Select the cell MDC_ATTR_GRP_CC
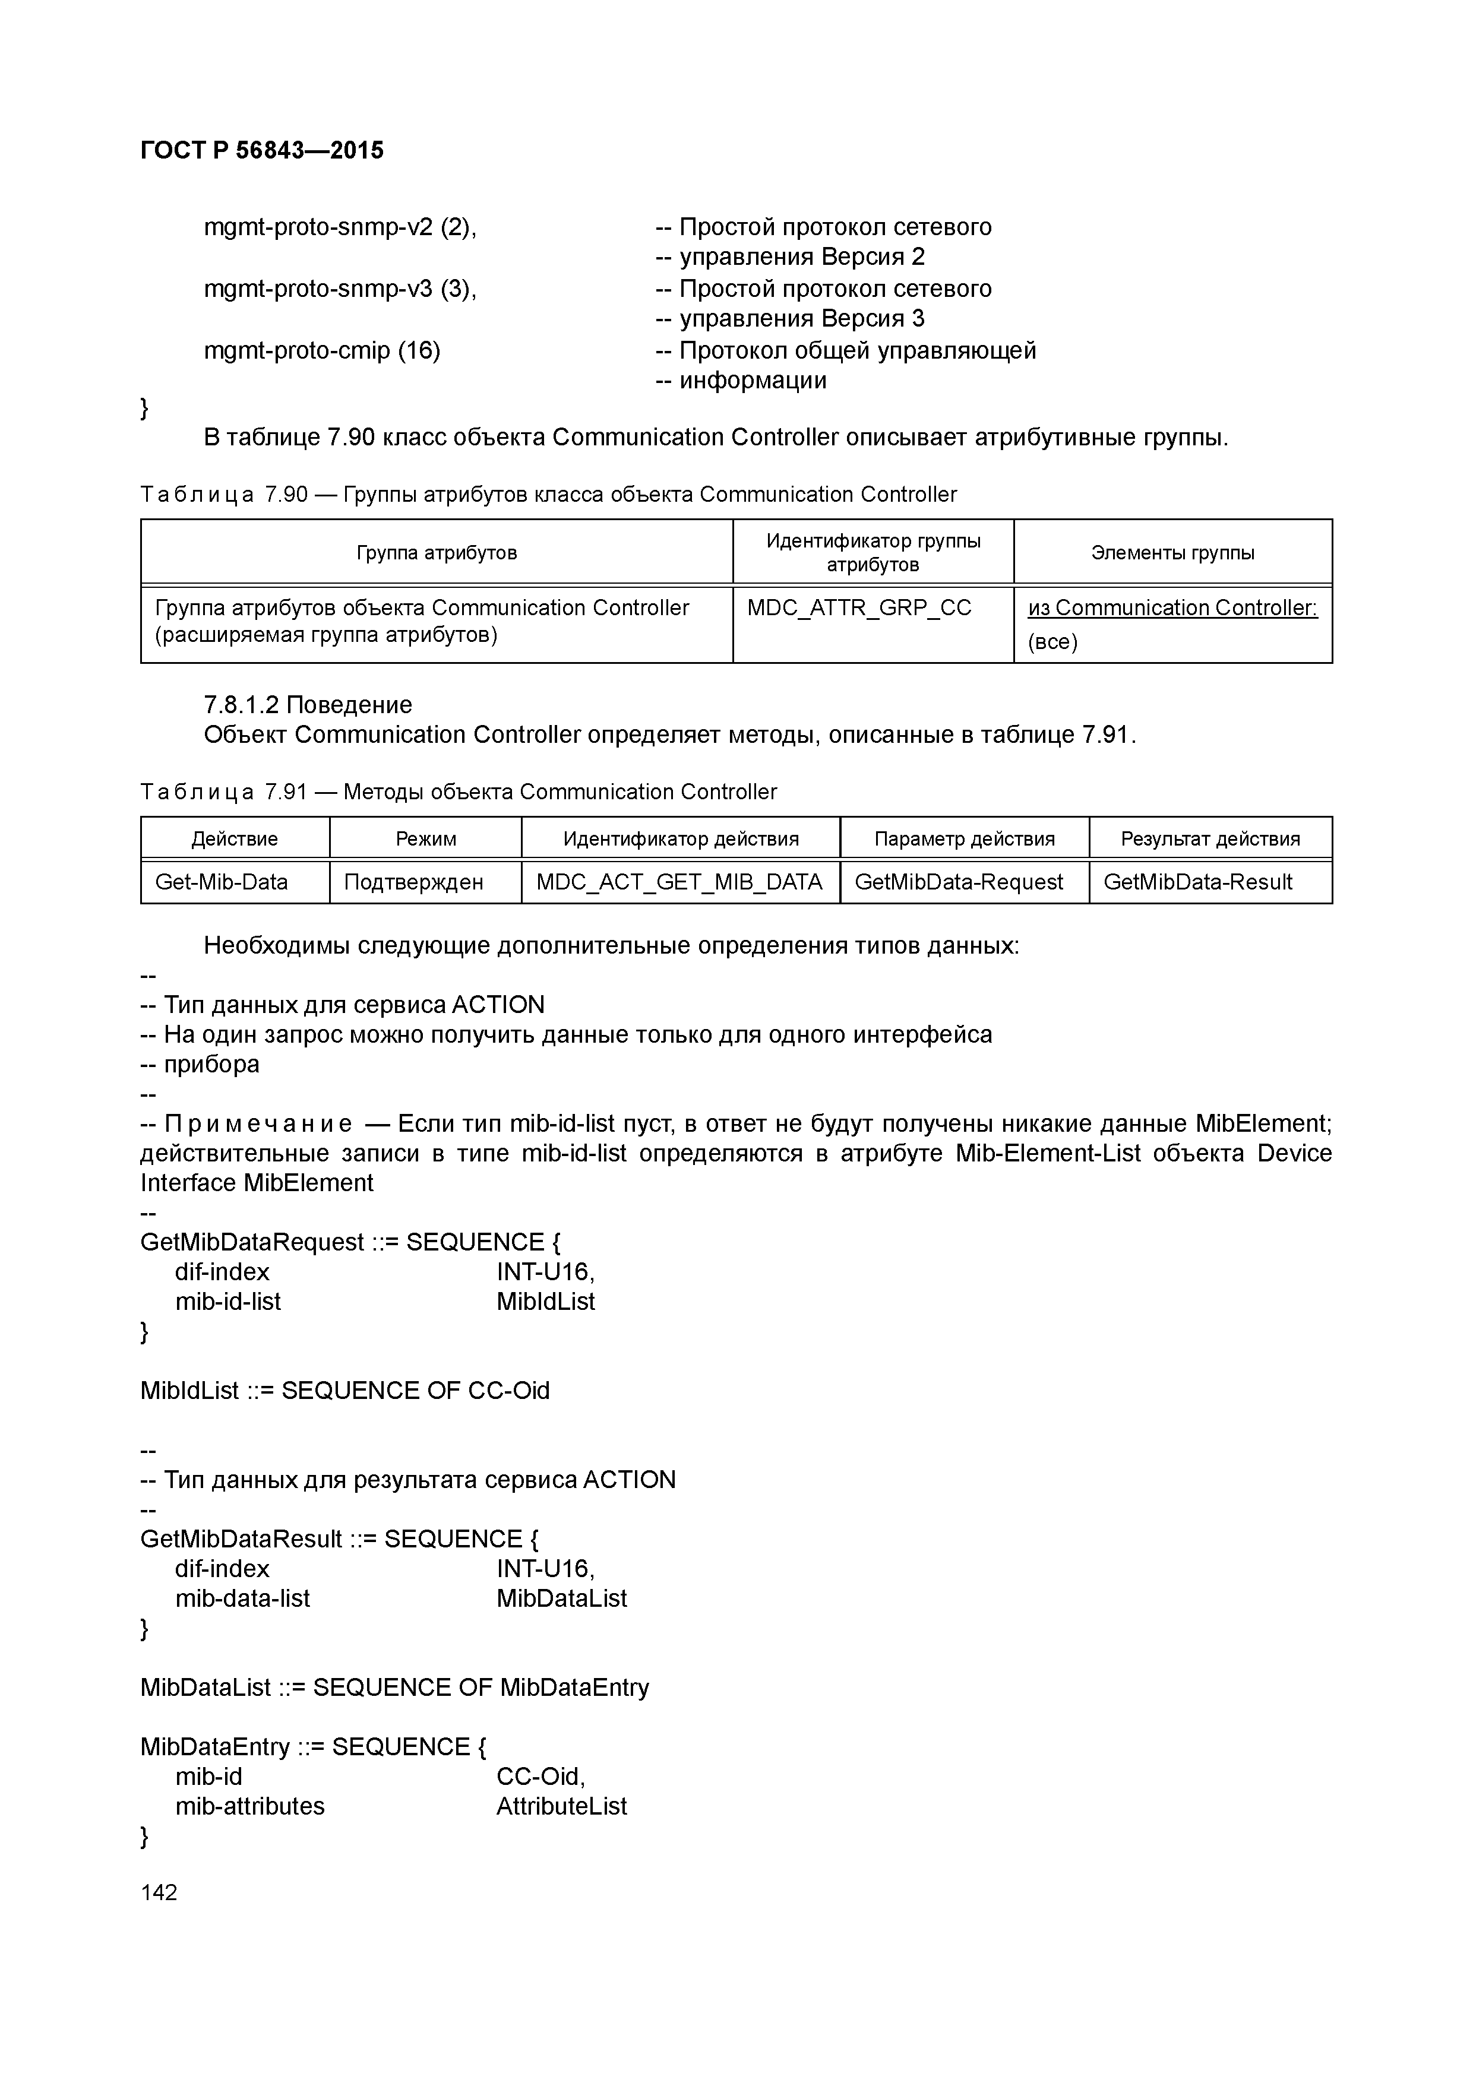(859, 608)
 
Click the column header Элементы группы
(1172, 552)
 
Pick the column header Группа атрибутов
(437, 552)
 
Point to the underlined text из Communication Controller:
(1172, 608)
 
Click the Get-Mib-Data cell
(222, 882)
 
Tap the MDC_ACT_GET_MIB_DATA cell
(679, 882)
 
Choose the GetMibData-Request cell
(959, 882)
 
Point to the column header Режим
(426, 838)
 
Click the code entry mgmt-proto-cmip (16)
(322, 350)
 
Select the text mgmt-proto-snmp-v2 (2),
(340, 227)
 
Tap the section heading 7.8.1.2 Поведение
(308, 705)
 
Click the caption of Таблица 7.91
(459, 792)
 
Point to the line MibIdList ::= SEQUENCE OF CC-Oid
(345, 1391)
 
